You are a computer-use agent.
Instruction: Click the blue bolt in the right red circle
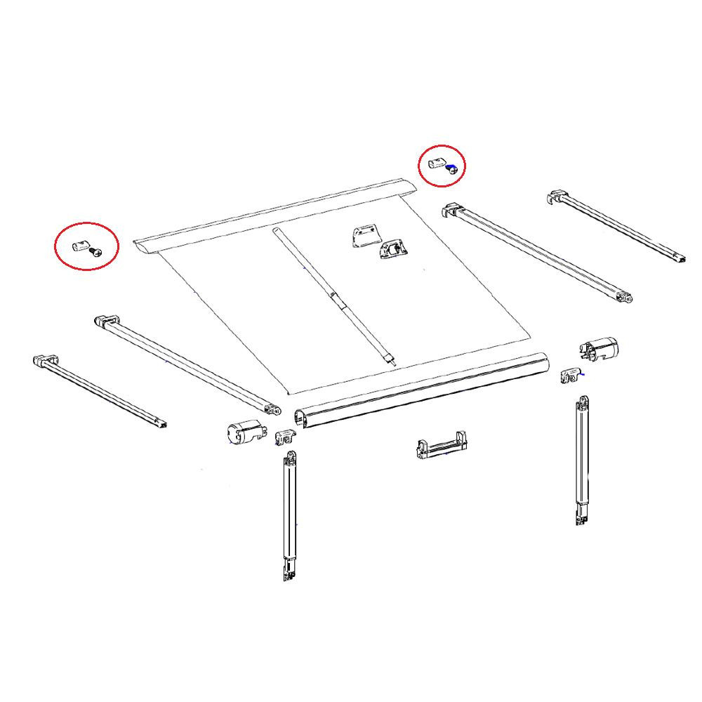click(x=453, y=168)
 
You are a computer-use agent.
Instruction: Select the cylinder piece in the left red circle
click(x=80, y=246)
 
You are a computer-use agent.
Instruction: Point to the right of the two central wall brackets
click(x=394, y=249)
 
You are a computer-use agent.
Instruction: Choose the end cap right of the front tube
click(x=600, y=349)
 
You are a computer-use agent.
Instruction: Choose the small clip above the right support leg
click(x=571, y=376)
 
